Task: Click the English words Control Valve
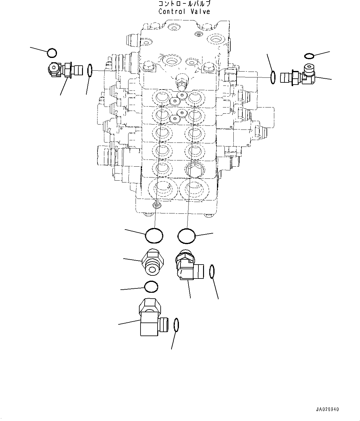(184, 12)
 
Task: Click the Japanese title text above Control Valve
(184, 4)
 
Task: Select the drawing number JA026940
(327, 409)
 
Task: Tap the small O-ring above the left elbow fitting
(52, 53)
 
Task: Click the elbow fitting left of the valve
(63, 70)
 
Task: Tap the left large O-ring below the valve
(154, 236)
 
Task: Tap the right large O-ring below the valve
(187, 236)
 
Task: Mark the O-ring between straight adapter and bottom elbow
(152, 287)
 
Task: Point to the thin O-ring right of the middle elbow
(212, 271)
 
